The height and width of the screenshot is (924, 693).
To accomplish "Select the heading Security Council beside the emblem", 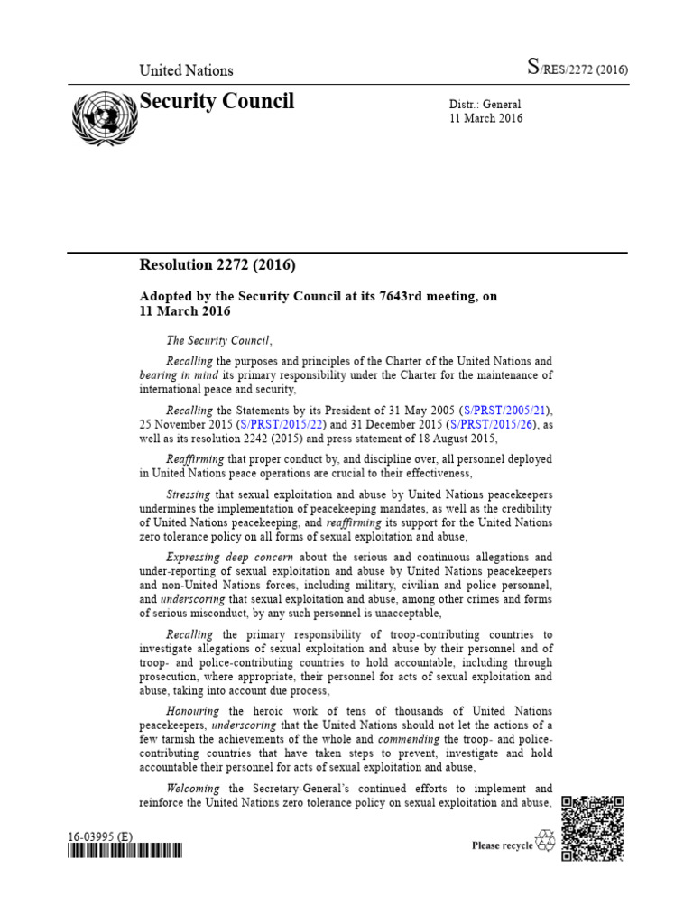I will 217,102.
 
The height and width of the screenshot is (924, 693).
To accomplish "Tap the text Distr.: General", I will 485,105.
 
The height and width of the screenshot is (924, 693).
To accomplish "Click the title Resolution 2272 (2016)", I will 217,265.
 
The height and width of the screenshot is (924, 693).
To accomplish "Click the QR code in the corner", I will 593,829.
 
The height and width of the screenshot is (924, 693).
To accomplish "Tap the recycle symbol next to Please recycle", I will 545,843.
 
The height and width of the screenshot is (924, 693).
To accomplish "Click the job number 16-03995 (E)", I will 100,836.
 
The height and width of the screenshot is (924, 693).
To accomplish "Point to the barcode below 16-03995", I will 125,850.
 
